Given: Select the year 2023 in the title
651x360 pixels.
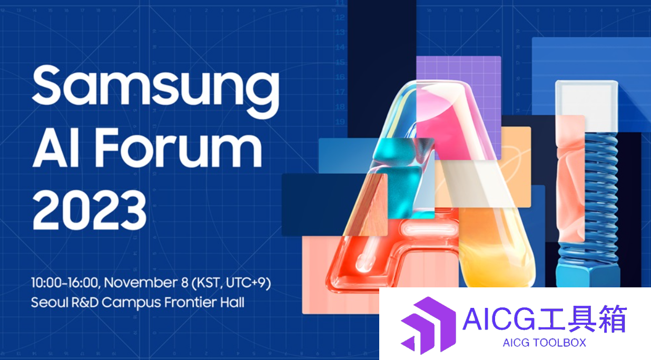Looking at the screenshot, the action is point(89,210).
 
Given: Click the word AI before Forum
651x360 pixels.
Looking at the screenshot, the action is point(56,148).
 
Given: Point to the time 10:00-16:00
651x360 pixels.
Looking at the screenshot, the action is point(66,283).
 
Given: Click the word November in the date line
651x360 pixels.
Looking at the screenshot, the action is point(142,283).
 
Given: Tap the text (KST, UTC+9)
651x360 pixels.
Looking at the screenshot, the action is point(231,283).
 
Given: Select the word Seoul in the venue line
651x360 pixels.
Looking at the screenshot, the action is point(50,302).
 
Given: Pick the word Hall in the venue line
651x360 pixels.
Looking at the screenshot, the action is point(232,302).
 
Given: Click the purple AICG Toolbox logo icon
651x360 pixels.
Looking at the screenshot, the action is point(428,325).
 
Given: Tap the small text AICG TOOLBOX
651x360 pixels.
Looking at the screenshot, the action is point(544,343).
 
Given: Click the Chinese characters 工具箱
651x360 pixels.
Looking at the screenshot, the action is point(581,318).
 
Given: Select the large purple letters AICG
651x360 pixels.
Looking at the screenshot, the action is point(499,319).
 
